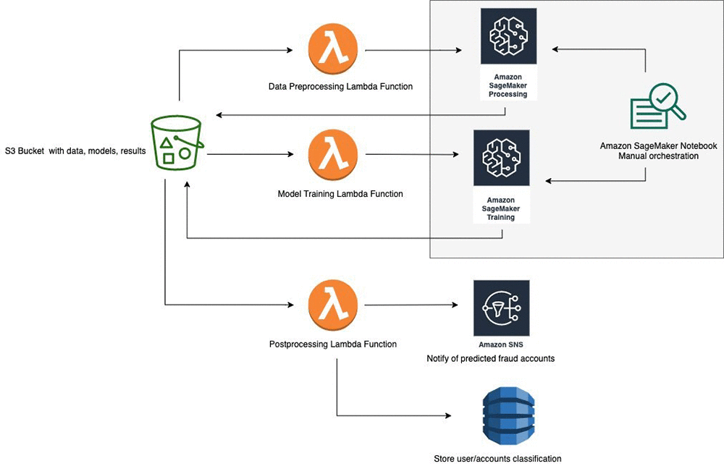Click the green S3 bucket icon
pos(174,144)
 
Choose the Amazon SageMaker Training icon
pos(501,158)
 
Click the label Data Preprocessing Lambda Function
pos(340,87)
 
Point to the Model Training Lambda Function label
pos(340,194)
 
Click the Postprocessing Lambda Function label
pos(332,344)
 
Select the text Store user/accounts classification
pos(497,458)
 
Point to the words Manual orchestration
pos(658,156)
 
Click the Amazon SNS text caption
pos(501,345)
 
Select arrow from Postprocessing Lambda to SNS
pos(413,305)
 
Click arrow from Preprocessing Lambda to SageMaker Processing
pos(413,51)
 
